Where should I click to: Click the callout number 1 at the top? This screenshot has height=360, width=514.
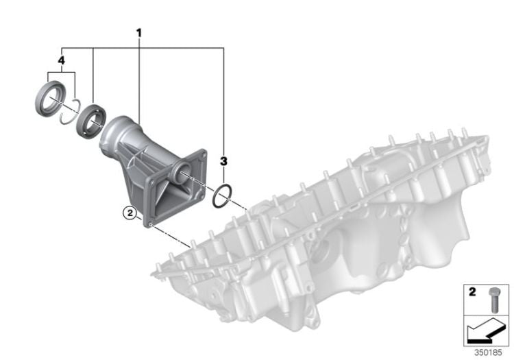[x=139, y=33]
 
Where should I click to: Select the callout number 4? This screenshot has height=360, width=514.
[x=61, y=60]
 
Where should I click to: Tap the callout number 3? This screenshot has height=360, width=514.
[x=223, y=161]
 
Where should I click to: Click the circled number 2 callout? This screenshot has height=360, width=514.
[x=130, y=213]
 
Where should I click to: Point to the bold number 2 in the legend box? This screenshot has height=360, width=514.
[x=472, y=292]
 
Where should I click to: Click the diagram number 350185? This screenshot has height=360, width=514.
[x=488, y=352]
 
